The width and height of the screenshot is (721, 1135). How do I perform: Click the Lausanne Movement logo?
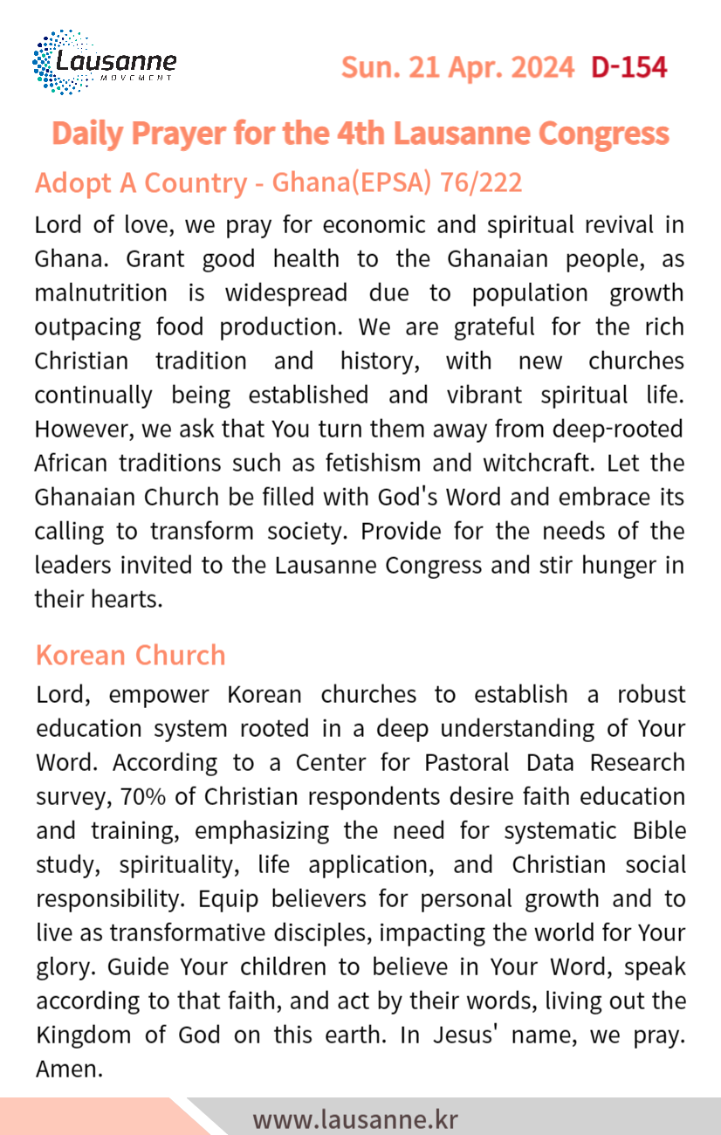(104, 62)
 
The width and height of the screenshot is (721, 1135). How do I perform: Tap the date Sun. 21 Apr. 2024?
(457, 66)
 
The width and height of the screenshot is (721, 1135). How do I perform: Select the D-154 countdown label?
(628, 66)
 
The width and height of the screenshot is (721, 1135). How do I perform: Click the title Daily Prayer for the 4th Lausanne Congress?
(360, 133)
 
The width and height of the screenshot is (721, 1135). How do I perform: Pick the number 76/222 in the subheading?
(482, 182)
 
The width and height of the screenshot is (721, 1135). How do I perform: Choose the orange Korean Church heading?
(130, 655)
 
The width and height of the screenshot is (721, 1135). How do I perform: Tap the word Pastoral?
(467, 762)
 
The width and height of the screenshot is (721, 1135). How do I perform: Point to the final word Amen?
(69, 1069)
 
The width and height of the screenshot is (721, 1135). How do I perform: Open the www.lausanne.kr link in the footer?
(355, 1118)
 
